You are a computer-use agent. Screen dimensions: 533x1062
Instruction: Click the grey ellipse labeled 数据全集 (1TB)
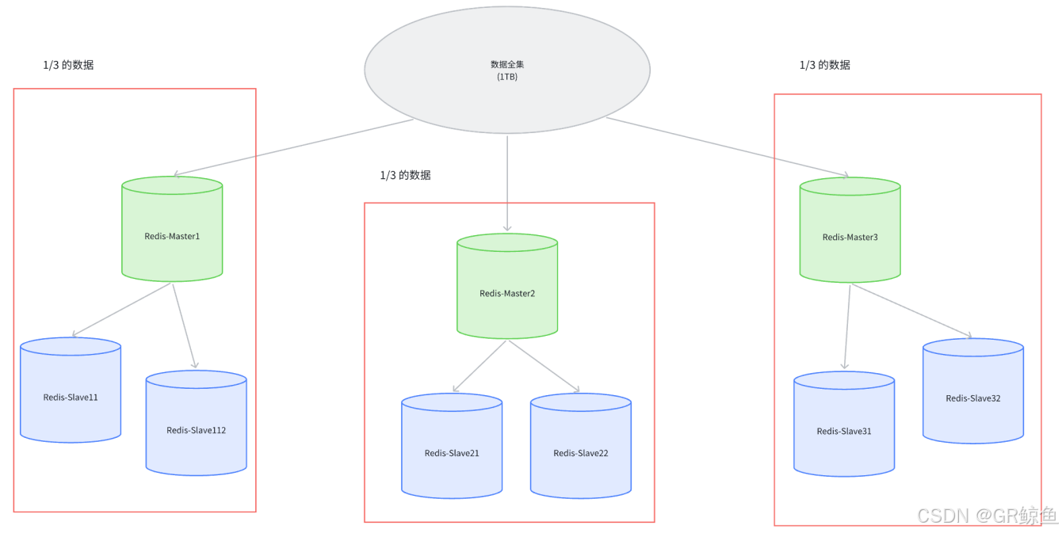(507, 70)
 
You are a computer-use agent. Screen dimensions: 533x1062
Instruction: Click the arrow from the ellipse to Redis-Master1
(293, 147)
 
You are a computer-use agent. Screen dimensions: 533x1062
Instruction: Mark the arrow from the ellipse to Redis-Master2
(507, 182)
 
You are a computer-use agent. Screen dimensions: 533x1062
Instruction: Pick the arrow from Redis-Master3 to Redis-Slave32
(911, 310)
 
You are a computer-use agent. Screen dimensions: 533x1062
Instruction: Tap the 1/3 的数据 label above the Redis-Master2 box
(405, 175)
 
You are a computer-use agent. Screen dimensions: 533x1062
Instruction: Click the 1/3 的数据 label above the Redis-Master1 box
(68, 65)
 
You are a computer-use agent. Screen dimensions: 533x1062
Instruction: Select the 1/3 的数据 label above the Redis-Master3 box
(824, 65)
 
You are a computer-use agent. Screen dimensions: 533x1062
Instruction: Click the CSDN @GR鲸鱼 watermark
(987, 516)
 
